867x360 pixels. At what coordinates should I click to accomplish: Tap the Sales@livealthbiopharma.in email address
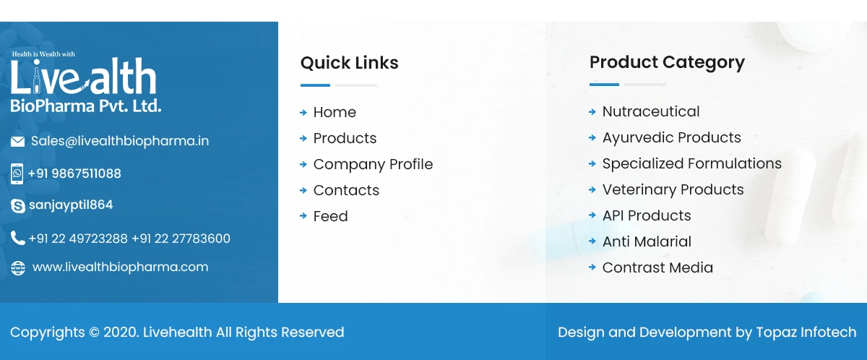120,141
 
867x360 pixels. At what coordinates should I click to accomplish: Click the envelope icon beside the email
17,142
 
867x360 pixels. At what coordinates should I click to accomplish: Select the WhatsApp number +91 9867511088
74,173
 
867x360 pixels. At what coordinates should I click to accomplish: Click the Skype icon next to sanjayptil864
17,206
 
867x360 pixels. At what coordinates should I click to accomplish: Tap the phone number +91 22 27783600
181,239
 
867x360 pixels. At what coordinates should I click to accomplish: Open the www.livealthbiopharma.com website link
120,267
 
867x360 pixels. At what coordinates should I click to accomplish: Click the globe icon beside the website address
17,268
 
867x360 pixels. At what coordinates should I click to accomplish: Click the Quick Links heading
349,63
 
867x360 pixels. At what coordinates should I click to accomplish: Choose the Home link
335,112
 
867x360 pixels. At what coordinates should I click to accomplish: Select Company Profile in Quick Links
373,164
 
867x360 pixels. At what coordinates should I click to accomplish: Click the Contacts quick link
346,190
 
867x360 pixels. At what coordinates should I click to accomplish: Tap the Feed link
330,216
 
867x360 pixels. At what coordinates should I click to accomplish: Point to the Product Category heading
667,62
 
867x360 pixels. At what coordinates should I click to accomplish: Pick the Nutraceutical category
651,111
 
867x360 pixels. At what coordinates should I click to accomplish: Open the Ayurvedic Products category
671,137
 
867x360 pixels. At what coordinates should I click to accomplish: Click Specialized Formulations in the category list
691,163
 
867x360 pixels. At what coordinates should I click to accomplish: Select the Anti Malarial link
647,241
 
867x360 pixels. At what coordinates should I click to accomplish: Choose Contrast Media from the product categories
657,267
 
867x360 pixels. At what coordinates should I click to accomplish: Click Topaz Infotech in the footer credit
806,333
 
